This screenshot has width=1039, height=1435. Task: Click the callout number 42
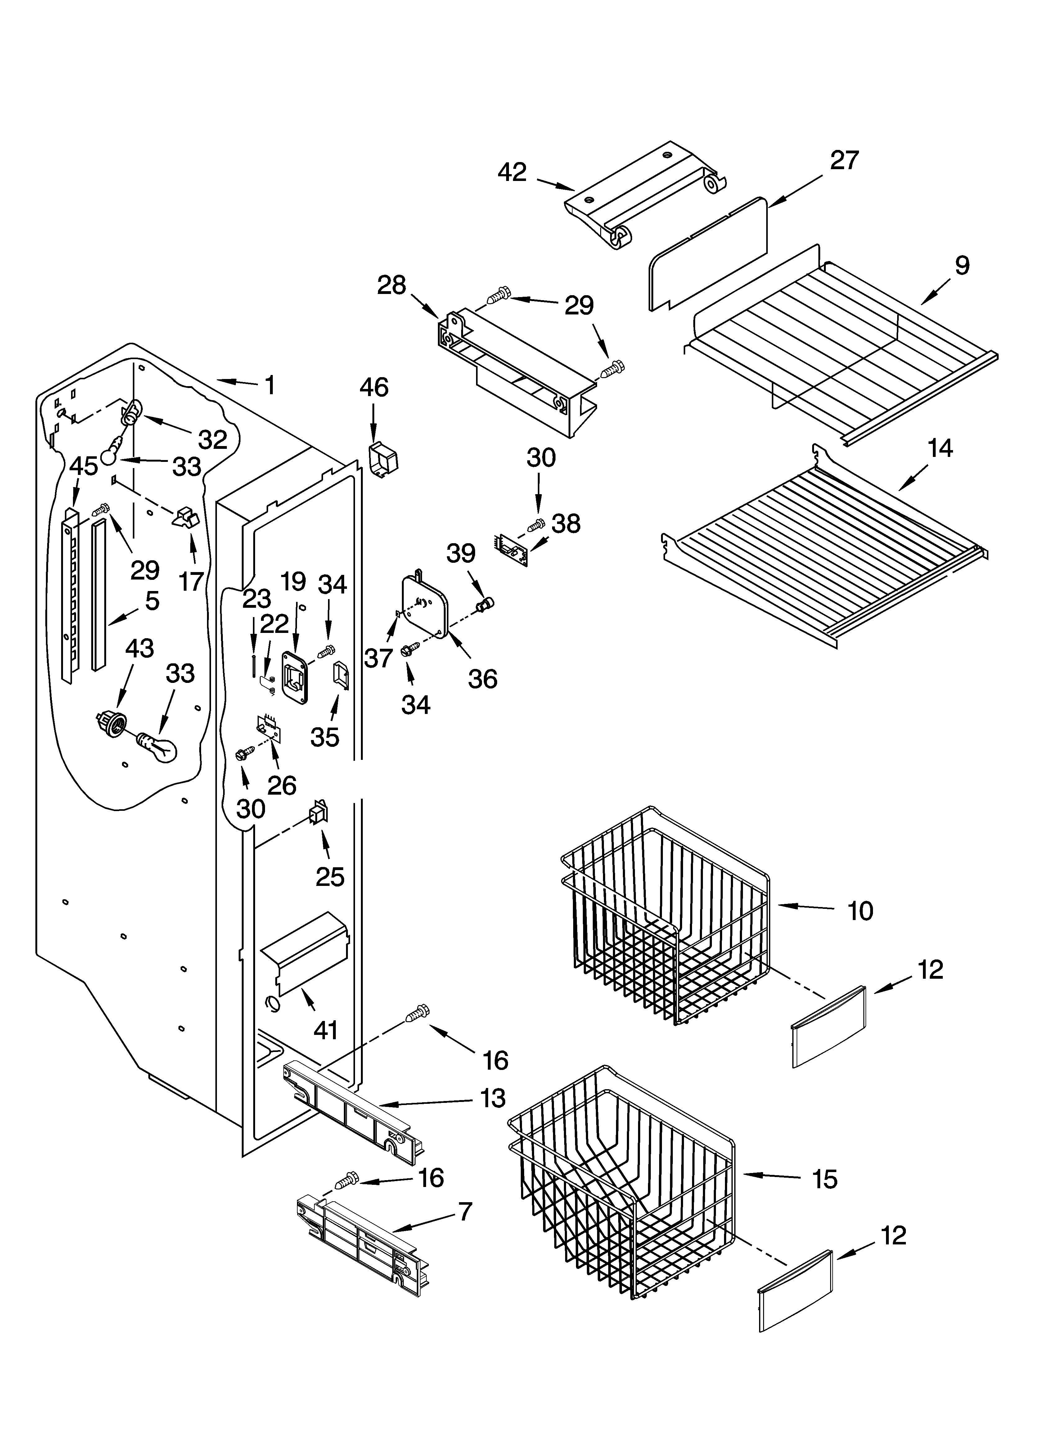512,172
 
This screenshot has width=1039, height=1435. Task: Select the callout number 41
326,1031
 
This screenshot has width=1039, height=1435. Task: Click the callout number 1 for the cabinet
270,385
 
